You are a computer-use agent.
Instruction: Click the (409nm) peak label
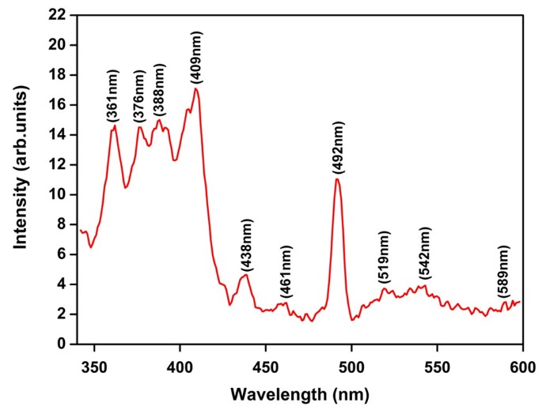click(196, 58)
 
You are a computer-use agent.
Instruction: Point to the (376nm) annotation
click(140, 96)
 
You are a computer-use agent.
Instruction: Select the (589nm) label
click(503, 273)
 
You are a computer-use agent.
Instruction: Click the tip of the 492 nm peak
click(337, 179)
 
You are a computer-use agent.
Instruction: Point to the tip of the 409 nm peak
click(195, 88)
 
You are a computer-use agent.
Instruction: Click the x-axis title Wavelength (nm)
click(300, 392)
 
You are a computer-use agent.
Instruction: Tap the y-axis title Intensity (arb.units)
click(22, 179)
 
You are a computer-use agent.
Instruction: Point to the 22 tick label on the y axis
click(56, 15)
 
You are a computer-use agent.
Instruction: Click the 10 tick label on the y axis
click(56, 195)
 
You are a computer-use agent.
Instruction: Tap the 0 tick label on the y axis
click(60, 344)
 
